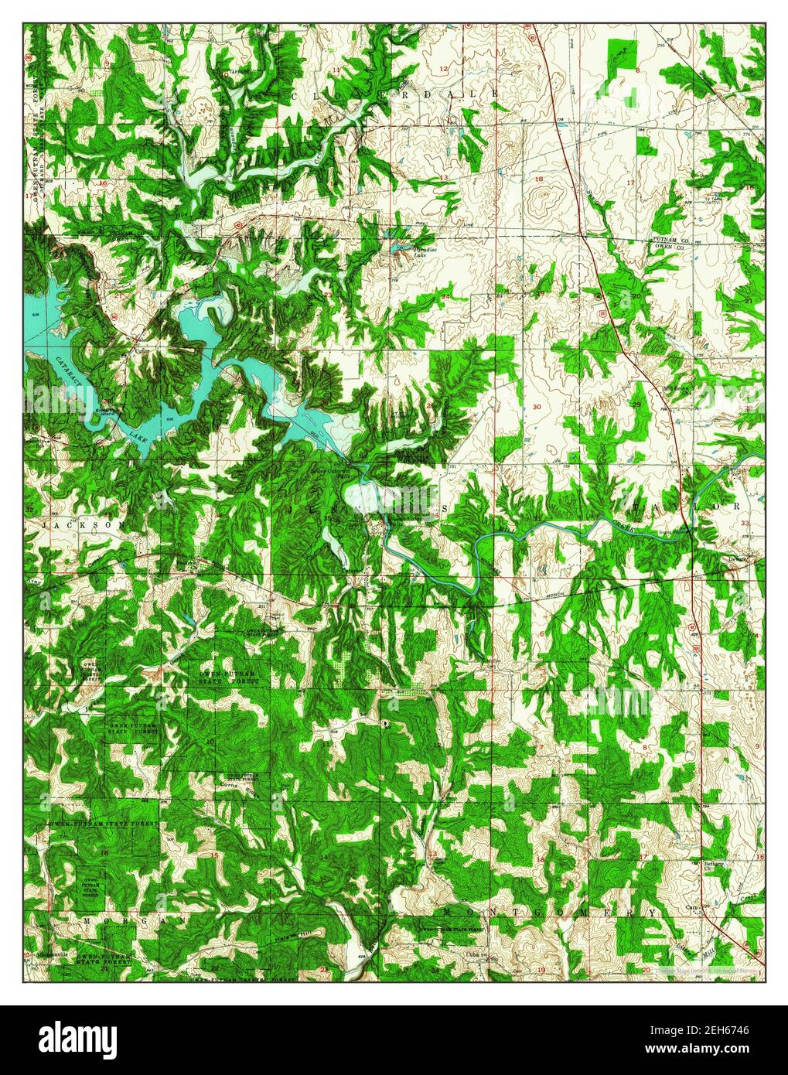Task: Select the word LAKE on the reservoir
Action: (138, 440)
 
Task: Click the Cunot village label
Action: (139, 348)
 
